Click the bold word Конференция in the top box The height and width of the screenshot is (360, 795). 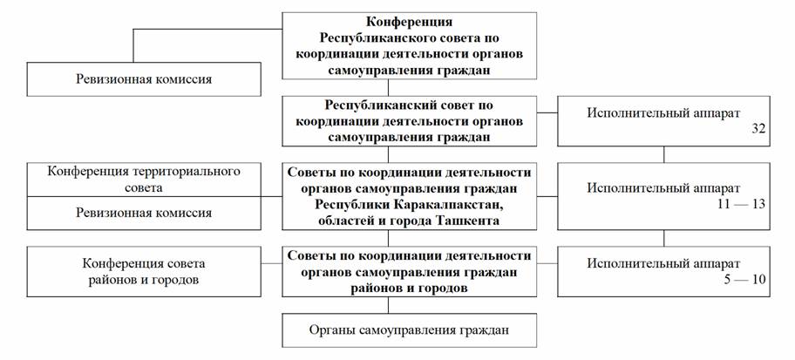click(x=409, y=23)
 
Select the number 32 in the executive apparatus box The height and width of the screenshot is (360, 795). click(x=758, y=129)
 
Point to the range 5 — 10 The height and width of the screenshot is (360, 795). click(x=744, y=280)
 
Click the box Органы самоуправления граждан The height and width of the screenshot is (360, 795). click(x=409, y=330)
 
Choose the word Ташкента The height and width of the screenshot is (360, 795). click(x=470, y=221)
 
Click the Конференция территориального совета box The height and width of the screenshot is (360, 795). click(x=144, y=180)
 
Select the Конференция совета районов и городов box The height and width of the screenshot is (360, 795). click(x=144, y=272)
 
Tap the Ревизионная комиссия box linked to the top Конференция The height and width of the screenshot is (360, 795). click(x=144, y=79)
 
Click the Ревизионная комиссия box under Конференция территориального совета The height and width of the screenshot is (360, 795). click(x=144, y=213)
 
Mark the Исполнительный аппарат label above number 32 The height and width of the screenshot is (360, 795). click(x=663, y=113)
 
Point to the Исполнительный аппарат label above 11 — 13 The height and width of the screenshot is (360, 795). click(x=663, y=188)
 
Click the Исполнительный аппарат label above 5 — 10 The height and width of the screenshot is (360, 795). click(x=663, y=263)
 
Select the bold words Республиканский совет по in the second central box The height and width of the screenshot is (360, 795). click(x=409, y=105)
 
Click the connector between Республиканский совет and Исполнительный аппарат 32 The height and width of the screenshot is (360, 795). click(x=547, y=112)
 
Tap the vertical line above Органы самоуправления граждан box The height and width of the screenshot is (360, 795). click(x=389, y=305)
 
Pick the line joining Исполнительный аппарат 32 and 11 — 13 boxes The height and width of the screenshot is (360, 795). click(x=663, y=154)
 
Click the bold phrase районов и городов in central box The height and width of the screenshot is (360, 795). click(x=409, y=288)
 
